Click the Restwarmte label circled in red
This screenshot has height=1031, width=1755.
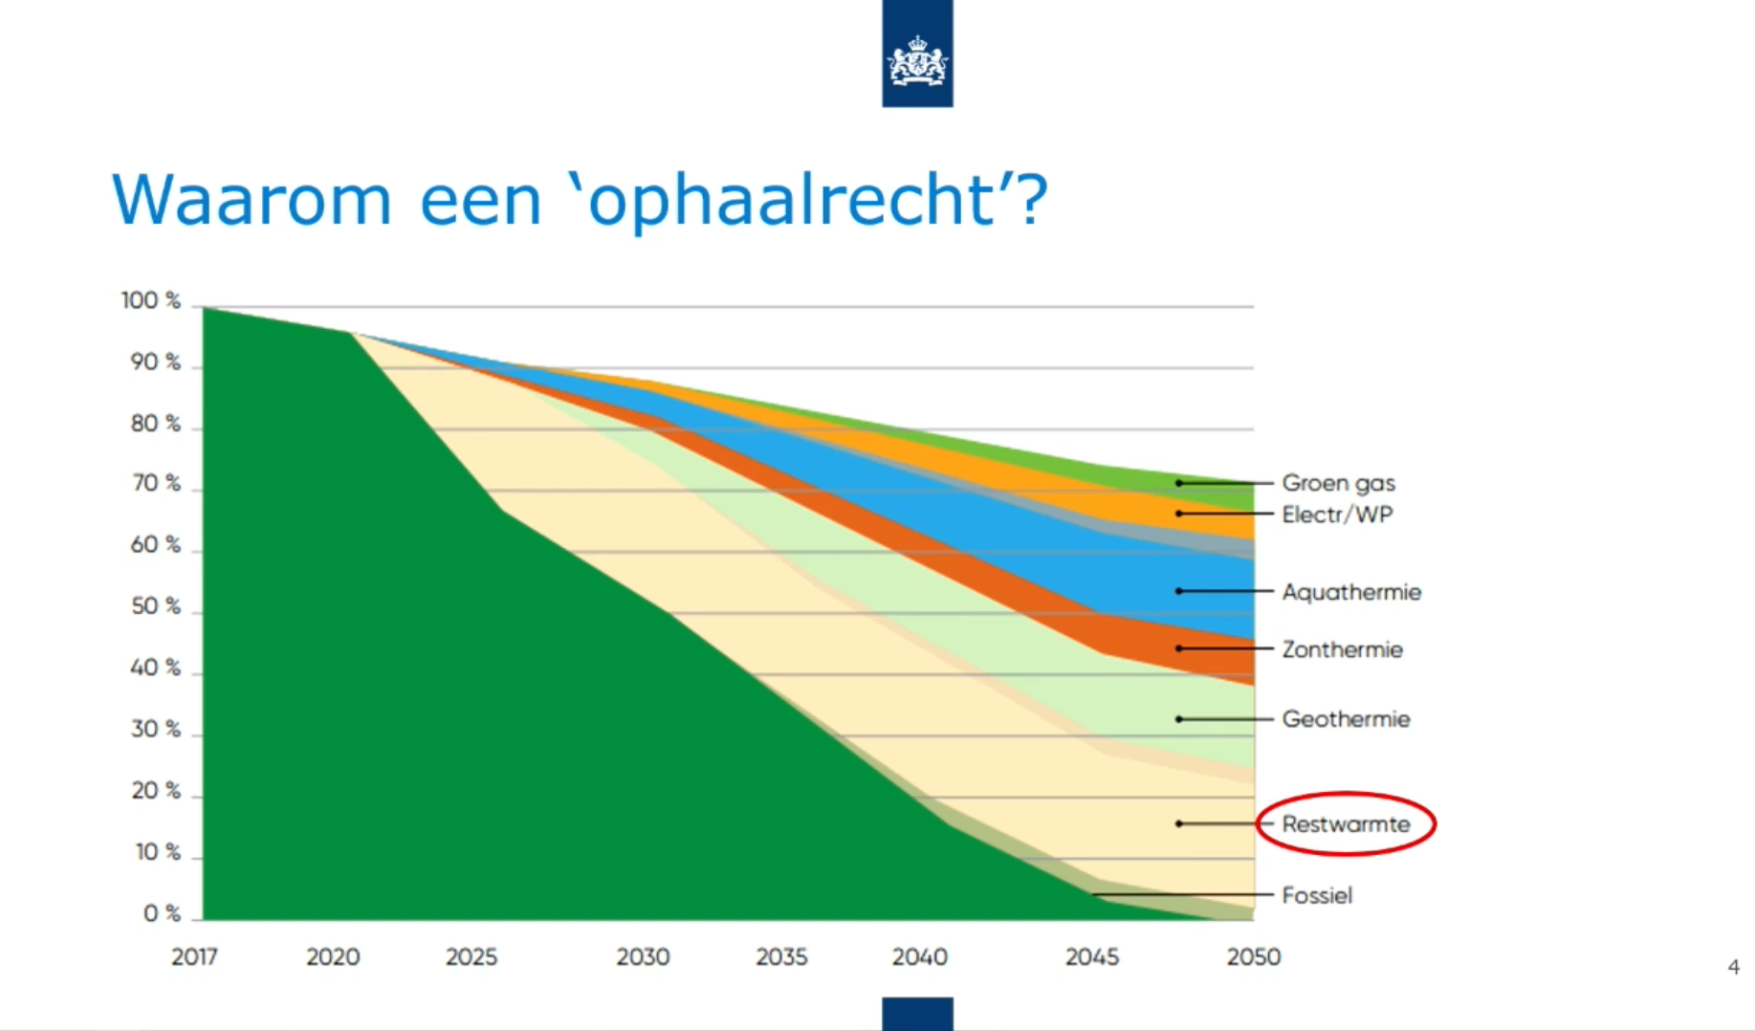[x=1346, y=823]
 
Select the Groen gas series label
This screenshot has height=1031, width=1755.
[x=1338, y=483]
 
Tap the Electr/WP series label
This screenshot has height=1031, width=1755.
[x=1337, y=515]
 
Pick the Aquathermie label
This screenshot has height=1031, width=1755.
[x=1351, y=592]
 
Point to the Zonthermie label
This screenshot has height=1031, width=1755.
[x=1342, y=649]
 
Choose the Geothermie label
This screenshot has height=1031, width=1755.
[x=1346, y=718]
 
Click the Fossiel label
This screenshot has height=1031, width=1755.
[x=1317, y=895]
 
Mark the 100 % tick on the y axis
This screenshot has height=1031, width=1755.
[x=151, y=300]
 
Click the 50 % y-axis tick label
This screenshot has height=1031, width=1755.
[x=156, y=606]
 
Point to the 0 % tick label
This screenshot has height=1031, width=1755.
[x=162, y=913]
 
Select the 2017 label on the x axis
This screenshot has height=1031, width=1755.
[x=194, y=956]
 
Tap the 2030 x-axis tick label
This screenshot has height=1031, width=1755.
[x=643, y=956]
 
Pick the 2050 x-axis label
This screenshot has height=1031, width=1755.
[x=1254, y=956]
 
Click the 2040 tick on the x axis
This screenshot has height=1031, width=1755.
[x=920, y=956]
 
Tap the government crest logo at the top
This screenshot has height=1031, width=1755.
[x=917, y=53]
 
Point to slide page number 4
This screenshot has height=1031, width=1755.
[x=1733, y=967]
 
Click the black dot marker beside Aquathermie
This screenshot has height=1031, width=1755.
[x=1179, y=591]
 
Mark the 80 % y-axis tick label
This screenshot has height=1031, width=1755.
[x=156, y=423]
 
